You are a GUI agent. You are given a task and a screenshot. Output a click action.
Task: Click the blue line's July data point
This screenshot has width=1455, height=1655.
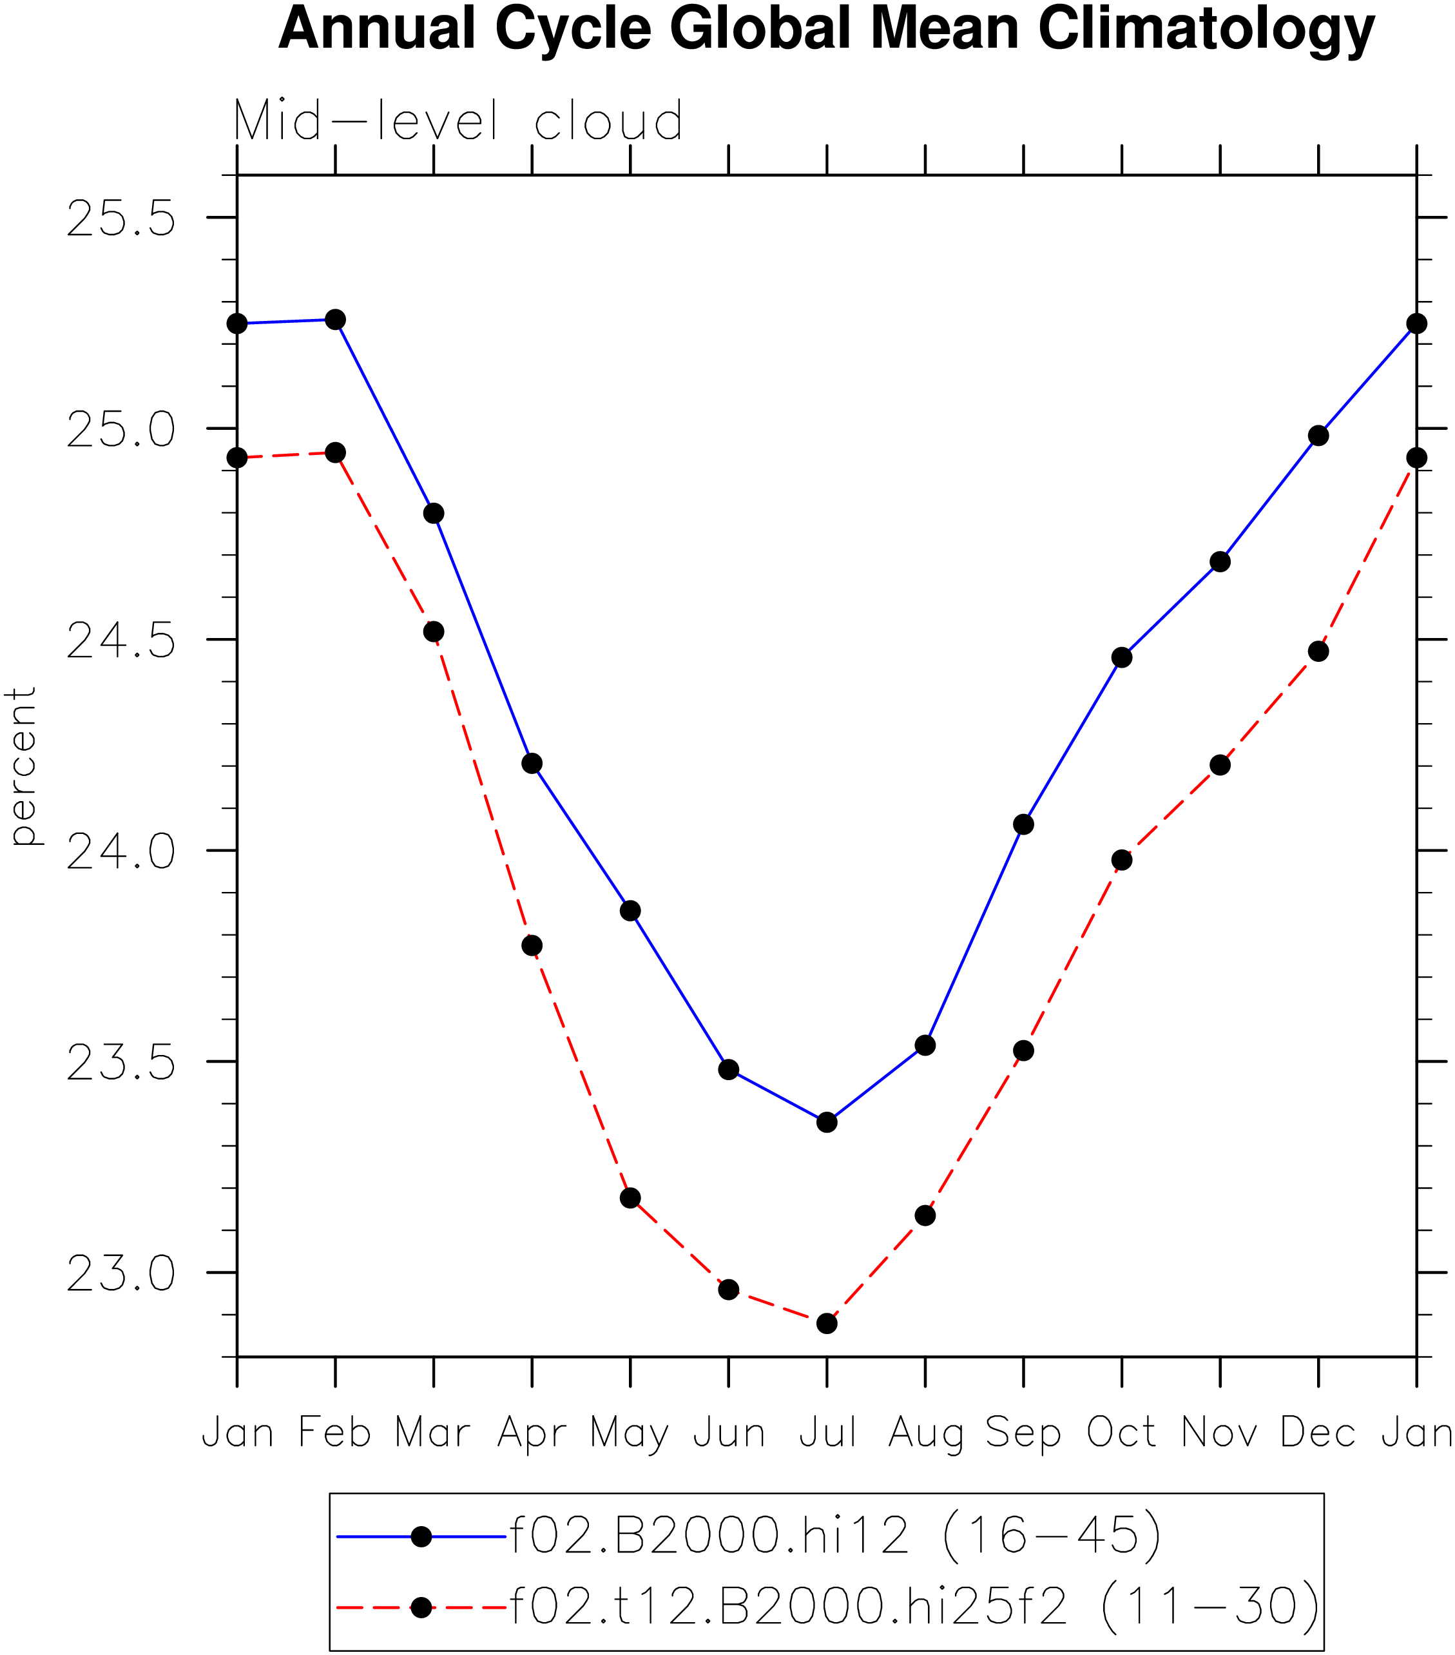pyautogui.click(x=827, y=1122)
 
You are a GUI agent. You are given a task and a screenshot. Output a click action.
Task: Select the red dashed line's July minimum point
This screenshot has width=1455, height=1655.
pyautogui.click(x=827, y=1323)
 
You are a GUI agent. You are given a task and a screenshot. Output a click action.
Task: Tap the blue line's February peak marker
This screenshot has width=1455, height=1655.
pyautogui.click(x=335, y=320)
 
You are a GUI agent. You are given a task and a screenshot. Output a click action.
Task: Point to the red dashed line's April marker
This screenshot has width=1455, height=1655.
pyautogui.click(x=532, y=945)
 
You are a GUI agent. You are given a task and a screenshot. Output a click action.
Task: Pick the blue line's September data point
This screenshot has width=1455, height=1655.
pyautogui.click(x=1023, y=824)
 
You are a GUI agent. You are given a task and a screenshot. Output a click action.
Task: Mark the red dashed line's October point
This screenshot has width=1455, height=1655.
pyautogui.click(x=1121, y=860)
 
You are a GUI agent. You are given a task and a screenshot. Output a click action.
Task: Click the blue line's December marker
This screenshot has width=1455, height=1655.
pyautogui.click(x=1318, y=436)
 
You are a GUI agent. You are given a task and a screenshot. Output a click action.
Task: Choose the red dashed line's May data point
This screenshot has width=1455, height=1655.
pyautogui.click(x=630, y=1197)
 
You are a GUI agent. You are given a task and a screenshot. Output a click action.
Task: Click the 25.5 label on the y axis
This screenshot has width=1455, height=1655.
pyautogui.click(x=120, y=218)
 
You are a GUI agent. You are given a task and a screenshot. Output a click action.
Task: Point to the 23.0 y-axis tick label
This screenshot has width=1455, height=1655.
pyautogui.click(x=120, y=1273)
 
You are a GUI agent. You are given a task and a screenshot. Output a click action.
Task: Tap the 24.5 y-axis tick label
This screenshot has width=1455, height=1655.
pyautogui.click(x=120, y=641)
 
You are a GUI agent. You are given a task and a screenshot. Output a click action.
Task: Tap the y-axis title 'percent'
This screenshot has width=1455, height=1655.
pyautogui.click(x=23, y=766)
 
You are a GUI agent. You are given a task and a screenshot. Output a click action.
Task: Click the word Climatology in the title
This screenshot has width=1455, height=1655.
pyautogui.click(x=1206, y=29)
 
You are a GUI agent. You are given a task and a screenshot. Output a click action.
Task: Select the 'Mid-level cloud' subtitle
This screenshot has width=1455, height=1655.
pyautogui.click(x=458, y=121)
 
